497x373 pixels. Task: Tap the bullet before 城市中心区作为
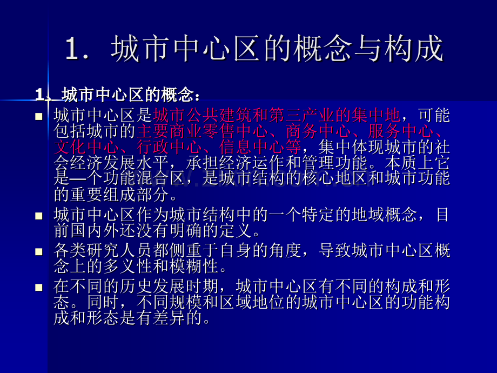click(38, 216)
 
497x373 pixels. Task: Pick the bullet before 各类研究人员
click(38, 251)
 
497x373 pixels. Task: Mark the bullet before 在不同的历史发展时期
click(38, 287)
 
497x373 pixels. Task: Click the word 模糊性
click(194, 267)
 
